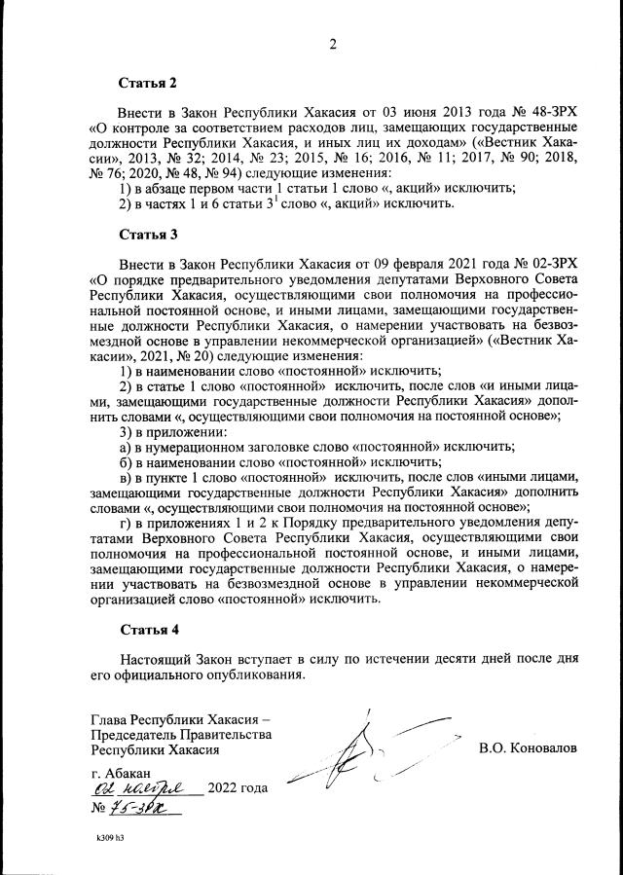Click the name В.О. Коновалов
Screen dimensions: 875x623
[528, 749]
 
